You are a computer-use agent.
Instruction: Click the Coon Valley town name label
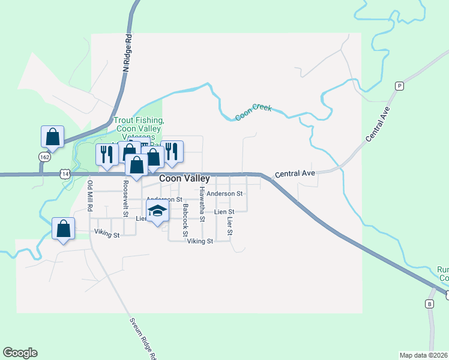[x=184, y=178]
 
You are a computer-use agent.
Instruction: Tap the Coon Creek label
[x=253, y=112]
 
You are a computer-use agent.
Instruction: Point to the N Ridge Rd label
[x=127, y=52]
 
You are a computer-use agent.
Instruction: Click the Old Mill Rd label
[x=90, y=196]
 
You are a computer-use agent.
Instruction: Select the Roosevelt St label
[x=126, y=199]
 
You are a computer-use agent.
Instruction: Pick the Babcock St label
[x=185, y=220]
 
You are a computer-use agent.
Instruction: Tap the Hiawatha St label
[x=202, y=205]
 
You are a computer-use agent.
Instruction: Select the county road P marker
[x=399, y=86]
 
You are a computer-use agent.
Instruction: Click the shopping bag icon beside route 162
[x=52, y=136]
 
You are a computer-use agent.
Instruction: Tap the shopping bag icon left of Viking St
[x=63, y=228]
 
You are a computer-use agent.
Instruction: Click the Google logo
[x=20, y=353]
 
